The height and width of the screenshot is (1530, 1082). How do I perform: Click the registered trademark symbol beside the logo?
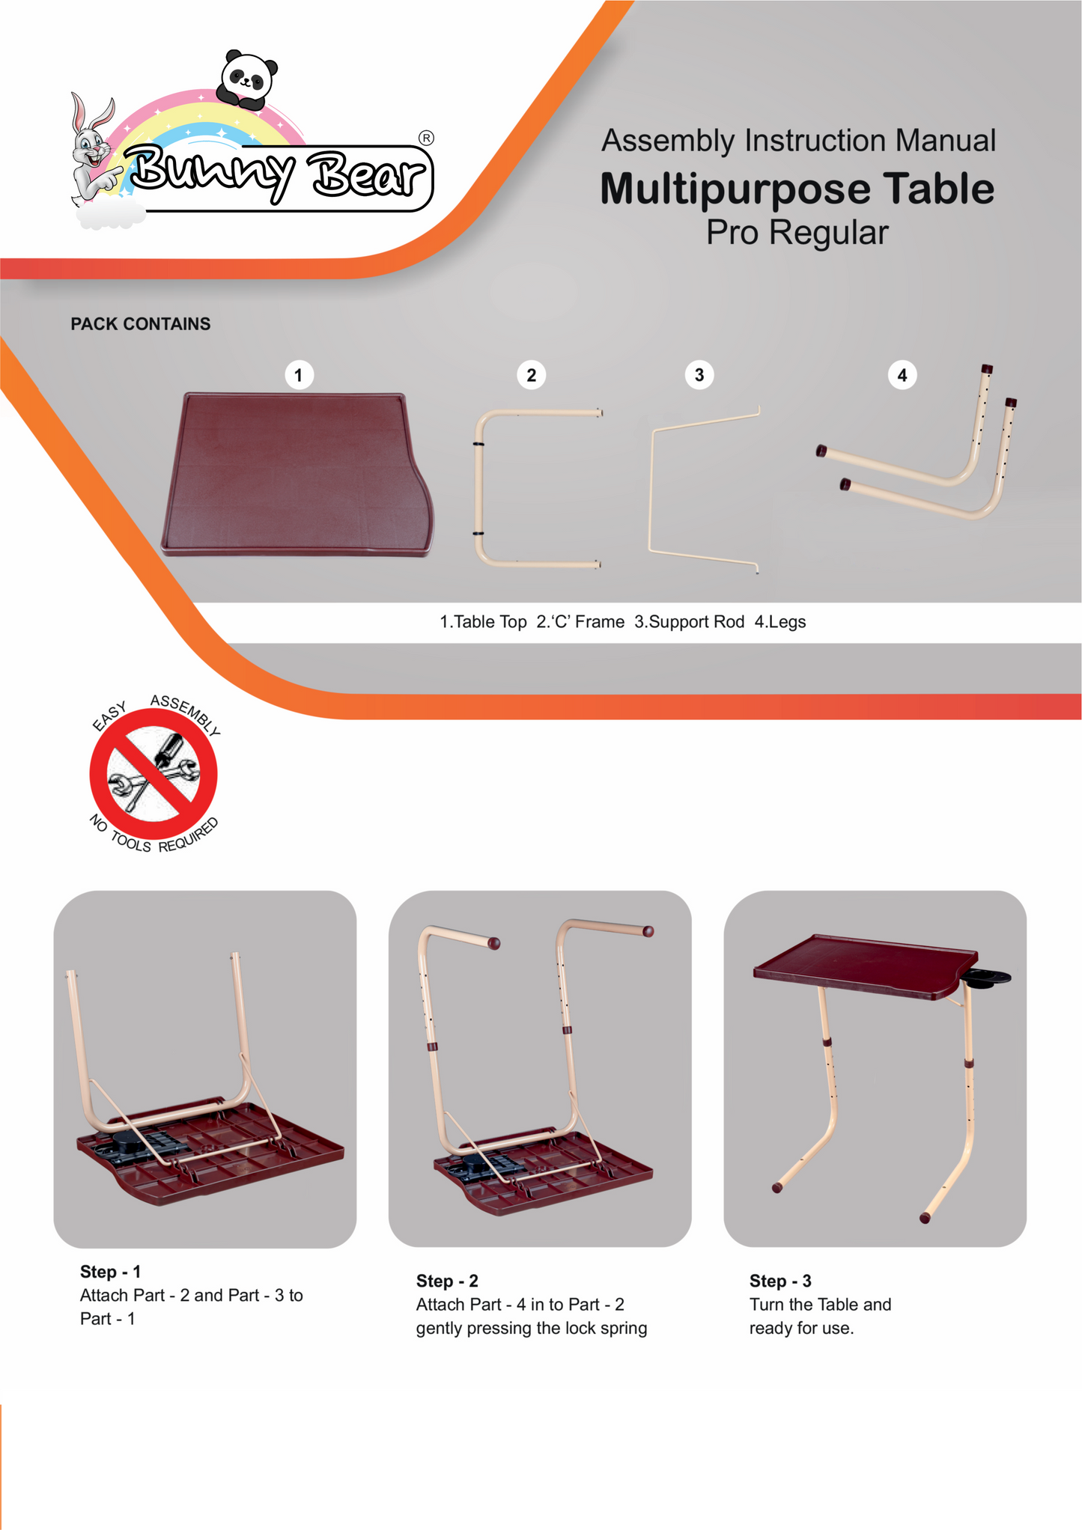426,138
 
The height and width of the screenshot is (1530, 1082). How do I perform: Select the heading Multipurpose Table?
797,189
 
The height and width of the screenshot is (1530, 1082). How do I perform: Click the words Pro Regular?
797,233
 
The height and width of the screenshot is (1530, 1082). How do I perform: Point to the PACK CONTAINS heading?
141,324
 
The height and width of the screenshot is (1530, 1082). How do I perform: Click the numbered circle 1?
299,375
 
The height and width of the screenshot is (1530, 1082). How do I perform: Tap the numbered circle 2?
532,375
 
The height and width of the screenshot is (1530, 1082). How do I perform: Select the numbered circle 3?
699,374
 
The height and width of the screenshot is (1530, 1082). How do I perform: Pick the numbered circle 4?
902,375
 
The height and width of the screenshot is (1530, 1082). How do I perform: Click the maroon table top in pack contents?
297,475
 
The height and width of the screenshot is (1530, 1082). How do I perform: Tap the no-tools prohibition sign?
154,773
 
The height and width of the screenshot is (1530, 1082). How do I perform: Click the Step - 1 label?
111,1272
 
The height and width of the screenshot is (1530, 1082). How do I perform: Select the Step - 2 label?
447,1281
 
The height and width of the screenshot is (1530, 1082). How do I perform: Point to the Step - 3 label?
780,1281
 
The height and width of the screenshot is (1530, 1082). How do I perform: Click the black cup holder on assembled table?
986,978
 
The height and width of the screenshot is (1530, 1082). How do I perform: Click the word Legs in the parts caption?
787,622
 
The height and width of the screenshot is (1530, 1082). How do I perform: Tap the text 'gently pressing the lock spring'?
532,1328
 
